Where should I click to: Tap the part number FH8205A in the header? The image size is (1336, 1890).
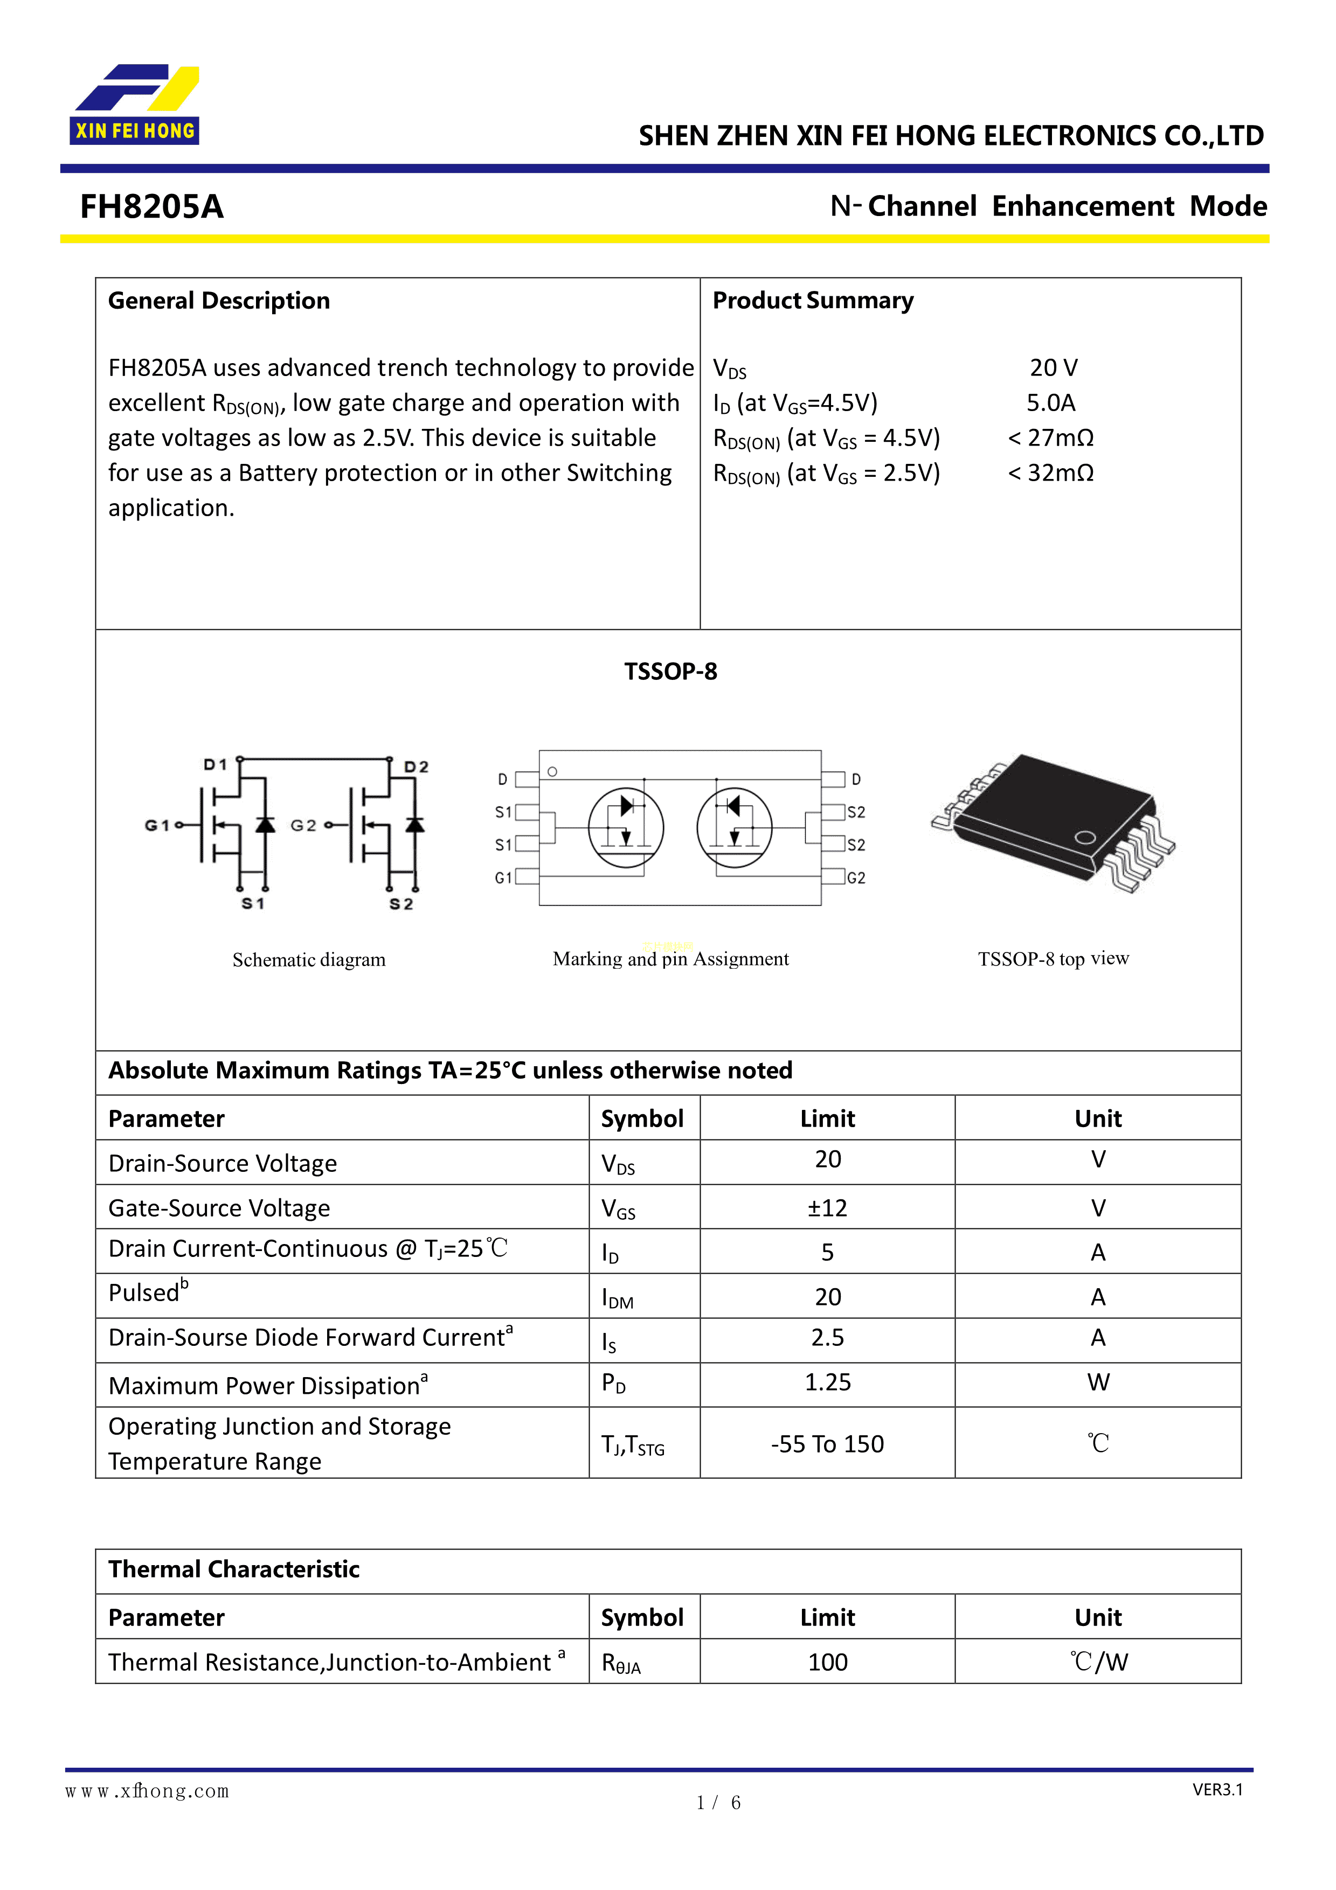(151, 206)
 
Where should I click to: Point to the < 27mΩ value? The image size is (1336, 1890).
(1050, 438)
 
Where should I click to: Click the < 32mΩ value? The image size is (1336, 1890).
(1050, 474)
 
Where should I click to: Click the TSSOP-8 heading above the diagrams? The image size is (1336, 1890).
(670, 672)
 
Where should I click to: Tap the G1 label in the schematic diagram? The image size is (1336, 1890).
(156, 825)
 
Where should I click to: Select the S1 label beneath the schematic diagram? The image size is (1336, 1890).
(253, 904)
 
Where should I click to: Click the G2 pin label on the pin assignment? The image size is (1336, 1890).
(856, 878)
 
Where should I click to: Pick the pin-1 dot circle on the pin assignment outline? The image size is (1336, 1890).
(552, 772)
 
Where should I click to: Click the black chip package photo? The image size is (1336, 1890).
(1054, 823)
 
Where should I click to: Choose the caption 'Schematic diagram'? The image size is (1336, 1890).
(309, 960)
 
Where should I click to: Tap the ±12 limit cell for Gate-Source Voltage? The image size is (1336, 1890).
(827, 1207)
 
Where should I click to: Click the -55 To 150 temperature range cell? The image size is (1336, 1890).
(827, 1444)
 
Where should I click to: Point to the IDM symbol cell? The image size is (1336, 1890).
(618, 1298)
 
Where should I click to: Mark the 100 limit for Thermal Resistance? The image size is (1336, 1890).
(827, 1662)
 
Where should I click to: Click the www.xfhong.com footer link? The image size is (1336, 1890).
(147, 1792)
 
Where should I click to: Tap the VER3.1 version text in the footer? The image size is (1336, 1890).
(1217, 1790)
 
